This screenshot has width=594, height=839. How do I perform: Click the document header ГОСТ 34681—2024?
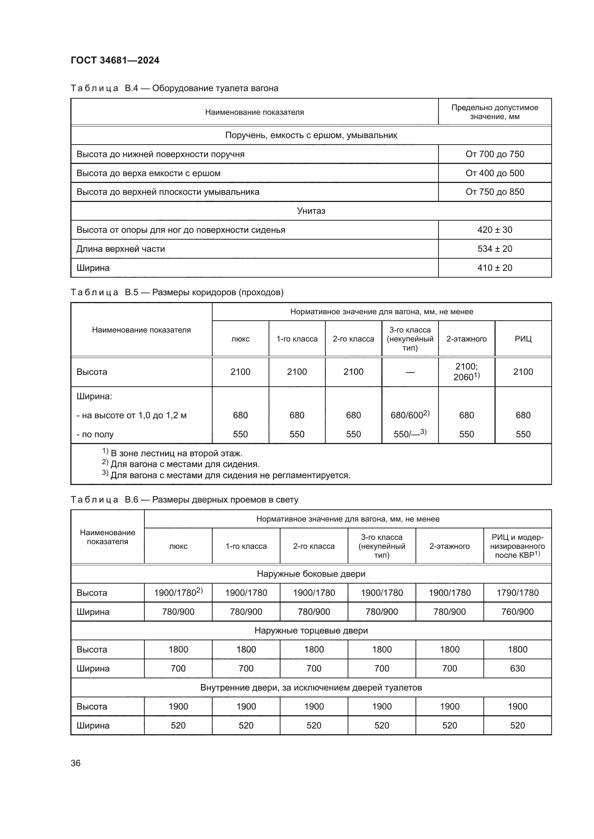tap(115, 60)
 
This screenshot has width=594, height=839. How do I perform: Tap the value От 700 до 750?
tap(495, 154)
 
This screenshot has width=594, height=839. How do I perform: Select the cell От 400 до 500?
tap(495, 173)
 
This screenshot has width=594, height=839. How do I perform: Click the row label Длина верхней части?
tap(121, 249)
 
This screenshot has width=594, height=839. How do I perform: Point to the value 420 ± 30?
tap(495, 230)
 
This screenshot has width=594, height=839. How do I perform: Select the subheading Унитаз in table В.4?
tap(311, 211)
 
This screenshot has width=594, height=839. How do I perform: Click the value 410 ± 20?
tap(495, 268)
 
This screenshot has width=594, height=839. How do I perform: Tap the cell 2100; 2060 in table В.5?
tap(467, 372)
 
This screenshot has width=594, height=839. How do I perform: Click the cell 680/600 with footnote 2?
tap(410, 415)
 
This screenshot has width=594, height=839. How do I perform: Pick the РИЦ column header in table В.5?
tap(523, 339)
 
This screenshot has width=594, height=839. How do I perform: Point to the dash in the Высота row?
tap(410, 372)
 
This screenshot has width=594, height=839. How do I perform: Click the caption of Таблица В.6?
tap(184, 500)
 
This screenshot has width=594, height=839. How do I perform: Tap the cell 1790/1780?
tap(517, 593)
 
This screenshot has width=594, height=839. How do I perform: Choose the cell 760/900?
tap(517, 612)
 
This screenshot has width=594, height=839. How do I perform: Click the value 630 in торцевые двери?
tap(517, 668)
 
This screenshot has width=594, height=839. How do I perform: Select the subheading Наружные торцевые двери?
tap(311, 631)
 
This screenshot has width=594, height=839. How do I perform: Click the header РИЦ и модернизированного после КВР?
tap(517, 546)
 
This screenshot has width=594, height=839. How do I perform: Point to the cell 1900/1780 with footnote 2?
tap(178, 593)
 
